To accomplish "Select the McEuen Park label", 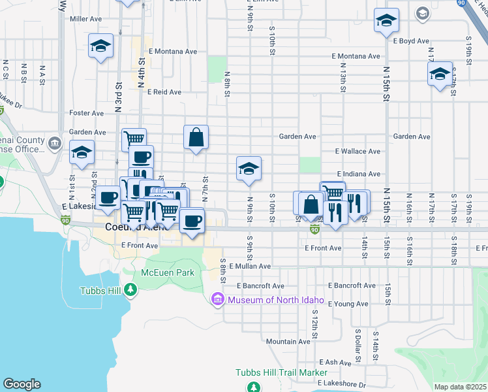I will [168, 272].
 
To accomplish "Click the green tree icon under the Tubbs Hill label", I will [131, 289].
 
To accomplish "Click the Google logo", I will [22, 384].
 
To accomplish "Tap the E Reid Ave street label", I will [164, 92].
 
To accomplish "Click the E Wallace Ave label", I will [358, 151].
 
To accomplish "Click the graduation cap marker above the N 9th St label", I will [249, 169].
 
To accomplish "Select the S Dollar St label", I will [358, 344].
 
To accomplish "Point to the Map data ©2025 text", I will [460, 387].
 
